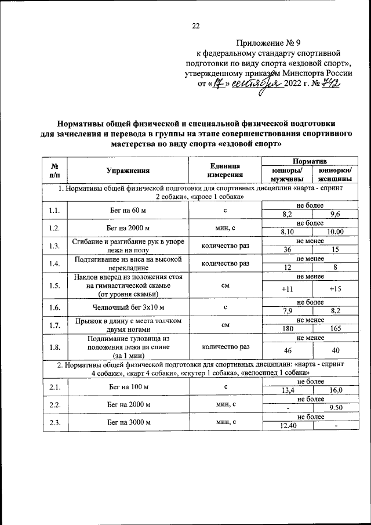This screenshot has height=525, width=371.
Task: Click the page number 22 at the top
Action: pos(195,26)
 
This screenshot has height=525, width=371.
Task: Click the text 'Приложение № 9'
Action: pos(266,42)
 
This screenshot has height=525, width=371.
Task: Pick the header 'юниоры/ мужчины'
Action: pos(286,175)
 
